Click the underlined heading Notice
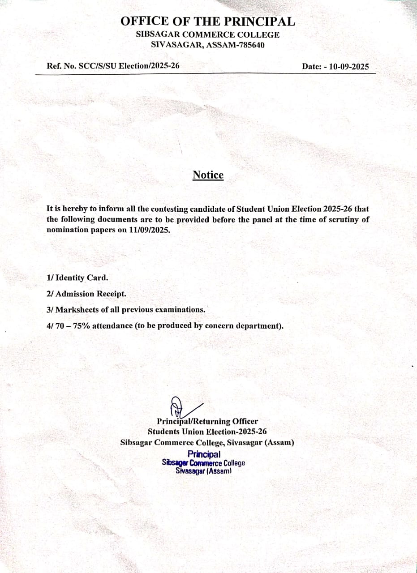coord(208,175)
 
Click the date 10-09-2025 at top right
coord(349,67)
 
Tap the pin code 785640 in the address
coord(251,44)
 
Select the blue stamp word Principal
coord(204,455)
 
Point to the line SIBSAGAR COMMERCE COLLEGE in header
coord(208,35)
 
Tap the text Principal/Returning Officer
coord(207,421)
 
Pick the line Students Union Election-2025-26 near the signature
coord(207,432)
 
